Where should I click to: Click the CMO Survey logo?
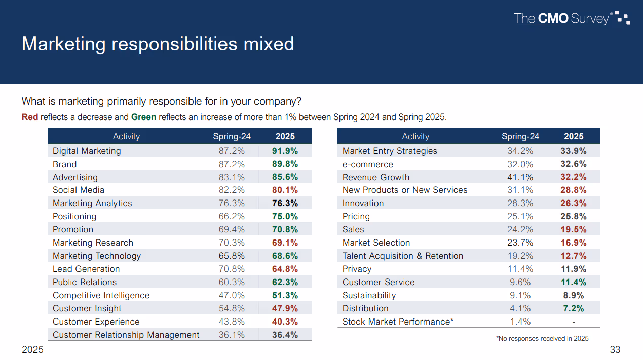tap(572, 19)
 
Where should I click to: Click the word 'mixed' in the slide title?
tap(269, 44)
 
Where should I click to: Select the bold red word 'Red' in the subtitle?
tap(30, 117)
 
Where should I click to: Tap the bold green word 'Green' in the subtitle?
tap(143, 117)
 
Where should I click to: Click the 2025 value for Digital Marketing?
tap(285, 151)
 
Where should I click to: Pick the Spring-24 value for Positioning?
tap(232, 216)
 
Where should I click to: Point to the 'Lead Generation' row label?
tap(86, 269)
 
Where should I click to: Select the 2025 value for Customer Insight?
tap(285, 308)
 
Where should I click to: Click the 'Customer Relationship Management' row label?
tap(126, 335)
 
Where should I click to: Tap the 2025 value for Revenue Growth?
tap(574, 177)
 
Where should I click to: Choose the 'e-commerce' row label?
tap(367, 164)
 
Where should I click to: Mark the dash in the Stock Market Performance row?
tap(574, 322)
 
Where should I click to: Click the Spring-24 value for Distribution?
tap(520, 308)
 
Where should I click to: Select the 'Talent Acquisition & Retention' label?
tap(403, 256)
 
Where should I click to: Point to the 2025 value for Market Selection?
tap(574, 243)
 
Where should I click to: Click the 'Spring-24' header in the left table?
tap(232, 136)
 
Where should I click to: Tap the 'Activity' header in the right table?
tap(415, 136)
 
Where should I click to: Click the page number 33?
tap(615, 350)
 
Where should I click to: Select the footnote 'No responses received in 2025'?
tap(542, 338)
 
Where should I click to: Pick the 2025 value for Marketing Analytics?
tap(285, 203)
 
